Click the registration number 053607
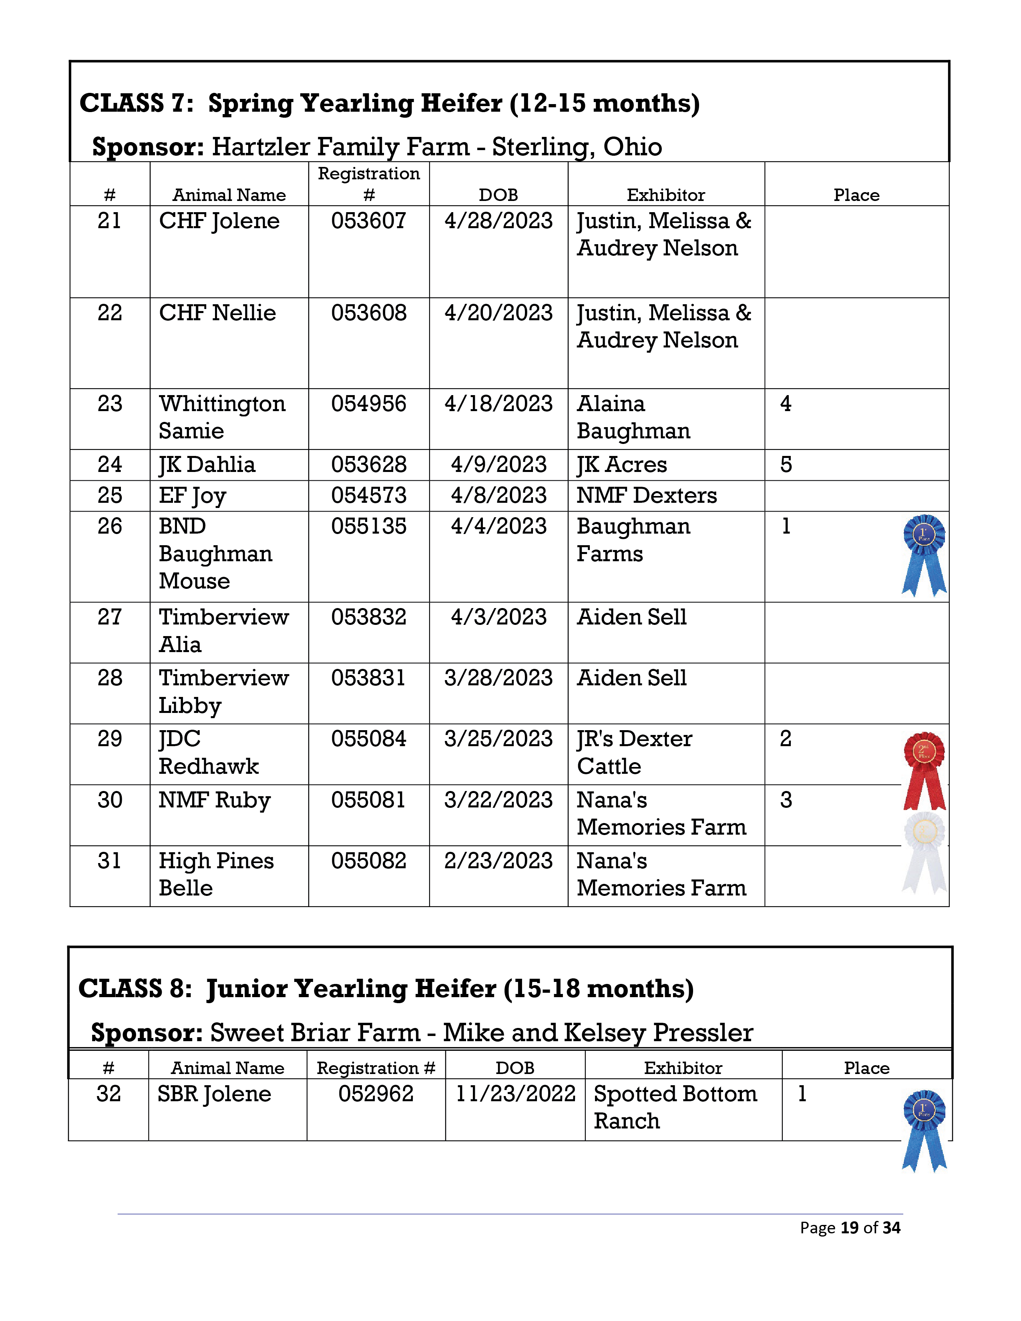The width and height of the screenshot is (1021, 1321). [x=368, y=221]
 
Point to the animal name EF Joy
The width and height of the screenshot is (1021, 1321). [x=192, y=496]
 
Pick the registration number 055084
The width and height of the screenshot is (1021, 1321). [x=368, y=739]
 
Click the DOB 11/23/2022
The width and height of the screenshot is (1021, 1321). [x=515, y=1094]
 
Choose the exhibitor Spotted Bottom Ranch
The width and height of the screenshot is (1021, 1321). [x=675, y=1107]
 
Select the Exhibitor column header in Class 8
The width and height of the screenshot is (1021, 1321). [x=683, y=1068]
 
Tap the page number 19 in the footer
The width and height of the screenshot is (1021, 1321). [x=849, y=1227]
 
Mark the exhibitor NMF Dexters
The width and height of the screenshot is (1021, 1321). [x=647, y=496]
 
